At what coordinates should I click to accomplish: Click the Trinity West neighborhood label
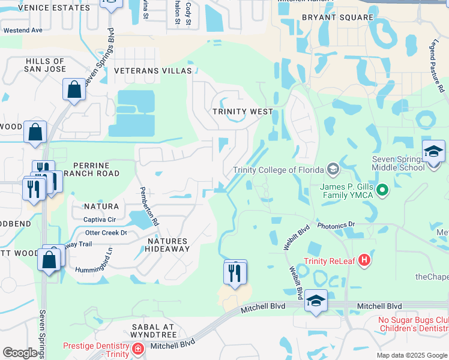pos(243,112)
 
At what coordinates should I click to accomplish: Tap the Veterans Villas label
pos(152,71)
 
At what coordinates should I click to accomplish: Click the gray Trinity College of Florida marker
pos(334,167)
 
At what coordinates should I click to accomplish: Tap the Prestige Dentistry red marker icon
pos(137,349)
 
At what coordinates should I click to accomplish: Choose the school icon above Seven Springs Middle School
pos(433,151)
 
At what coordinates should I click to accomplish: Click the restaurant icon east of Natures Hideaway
pos(235,272)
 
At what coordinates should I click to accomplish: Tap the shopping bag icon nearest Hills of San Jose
pos(74,90)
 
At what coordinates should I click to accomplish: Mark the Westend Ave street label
pos(23,30)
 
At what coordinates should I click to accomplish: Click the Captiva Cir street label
pos(99,220)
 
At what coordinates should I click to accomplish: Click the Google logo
pos(20,353)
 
